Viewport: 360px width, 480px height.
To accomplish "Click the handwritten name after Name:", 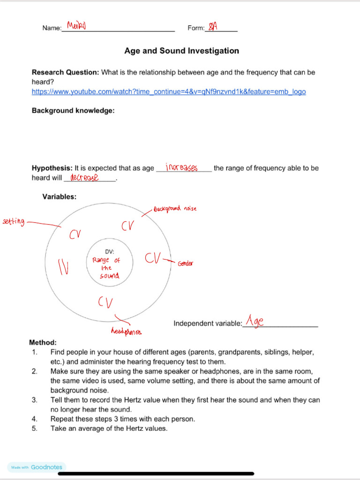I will click(76, 25).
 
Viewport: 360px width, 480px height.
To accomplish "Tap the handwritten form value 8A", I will click(213, 27).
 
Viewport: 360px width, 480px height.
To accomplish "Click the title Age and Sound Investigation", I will click(181, 51).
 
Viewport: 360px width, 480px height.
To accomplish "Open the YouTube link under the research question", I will click(168, 91).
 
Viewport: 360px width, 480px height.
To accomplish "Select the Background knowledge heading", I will click(73, 111).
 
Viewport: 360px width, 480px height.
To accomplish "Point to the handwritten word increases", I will click(181, 167).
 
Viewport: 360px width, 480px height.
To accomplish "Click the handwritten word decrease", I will click(84, 177).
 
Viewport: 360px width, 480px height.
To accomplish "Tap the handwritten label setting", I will click(14, 221).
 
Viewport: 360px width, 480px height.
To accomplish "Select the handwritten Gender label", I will click(185, 264).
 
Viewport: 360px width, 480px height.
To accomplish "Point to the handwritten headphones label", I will click(126, 331).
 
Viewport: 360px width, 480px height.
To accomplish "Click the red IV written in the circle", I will click(63, 267).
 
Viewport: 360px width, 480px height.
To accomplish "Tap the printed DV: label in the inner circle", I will click(110, 252).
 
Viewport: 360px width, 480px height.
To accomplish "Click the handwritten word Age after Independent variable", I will click(255, 322).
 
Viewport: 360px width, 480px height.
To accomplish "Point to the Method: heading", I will click(43, 343).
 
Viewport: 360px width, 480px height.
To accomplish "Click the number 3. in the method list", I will click(35, 400).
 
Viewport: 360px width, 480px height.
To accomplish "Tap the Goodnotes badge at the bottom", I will click(37, 467).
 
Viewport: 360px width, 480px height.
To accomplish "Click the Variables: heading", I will click(59, 197).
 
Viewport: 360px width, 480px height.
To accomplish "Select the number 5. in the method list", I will click(35, 428).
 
